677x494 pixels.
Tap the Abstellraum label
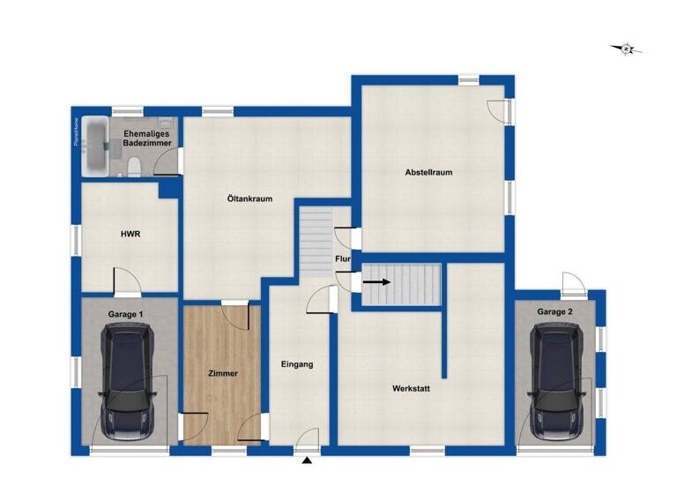(x=428, y=172)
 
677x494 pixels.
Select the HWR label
(x=131, y=234)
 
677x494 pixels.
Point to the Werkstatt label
(x=411, y=388)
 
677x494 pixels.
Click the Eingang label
(x=297, y=363)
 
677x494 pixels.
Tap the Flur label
(x=343, y=259)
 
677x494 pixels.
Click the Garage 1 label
(x=125, y=313)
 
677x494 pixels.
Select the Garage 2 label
(x=555, y=311)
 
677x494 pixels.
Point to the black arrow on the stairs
(x=377, y=282)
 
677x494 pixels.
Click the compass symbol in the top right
(x=626, y=49)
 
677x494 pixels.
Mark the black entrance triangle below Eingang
(x=307, y=460)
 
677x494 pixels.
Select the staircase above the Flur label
(x=315, y=241)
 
